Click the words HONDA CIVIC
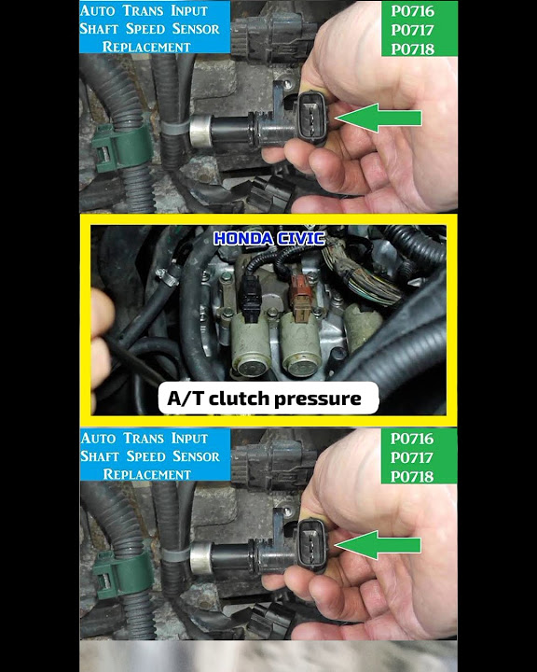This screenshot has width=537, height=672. point(268,239)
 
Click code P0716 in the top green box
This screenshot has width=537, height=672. point(412,12)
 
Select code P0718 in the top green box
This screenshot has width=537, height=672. point(412,49)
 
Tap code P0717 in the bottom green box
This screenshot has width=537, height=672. point(412,457)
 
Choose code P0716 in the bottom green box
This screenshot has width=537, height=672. point(412,439)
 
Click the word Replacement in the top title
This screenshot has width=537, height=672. point(146,46)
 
